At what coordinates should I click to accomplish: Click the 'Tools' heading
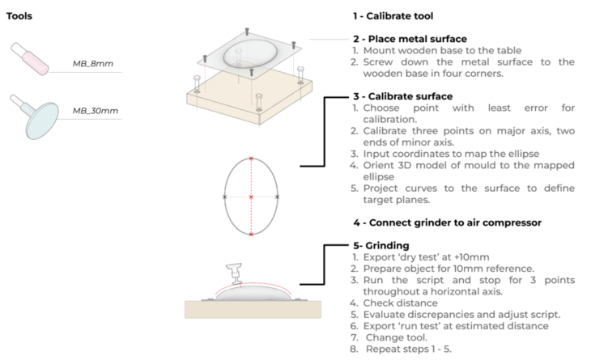point(19,15)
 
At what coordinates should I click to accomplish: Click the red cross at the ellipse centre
point(251,197)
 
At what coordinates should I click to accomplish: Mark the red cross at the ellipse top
point(251,159)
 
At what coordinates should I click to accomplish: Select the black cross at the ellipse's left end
point(224,197)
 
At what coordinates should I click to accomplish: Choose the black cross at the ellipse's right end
point(278,197)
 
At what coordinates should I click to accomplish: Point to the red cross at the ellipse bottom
point(251,235)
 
